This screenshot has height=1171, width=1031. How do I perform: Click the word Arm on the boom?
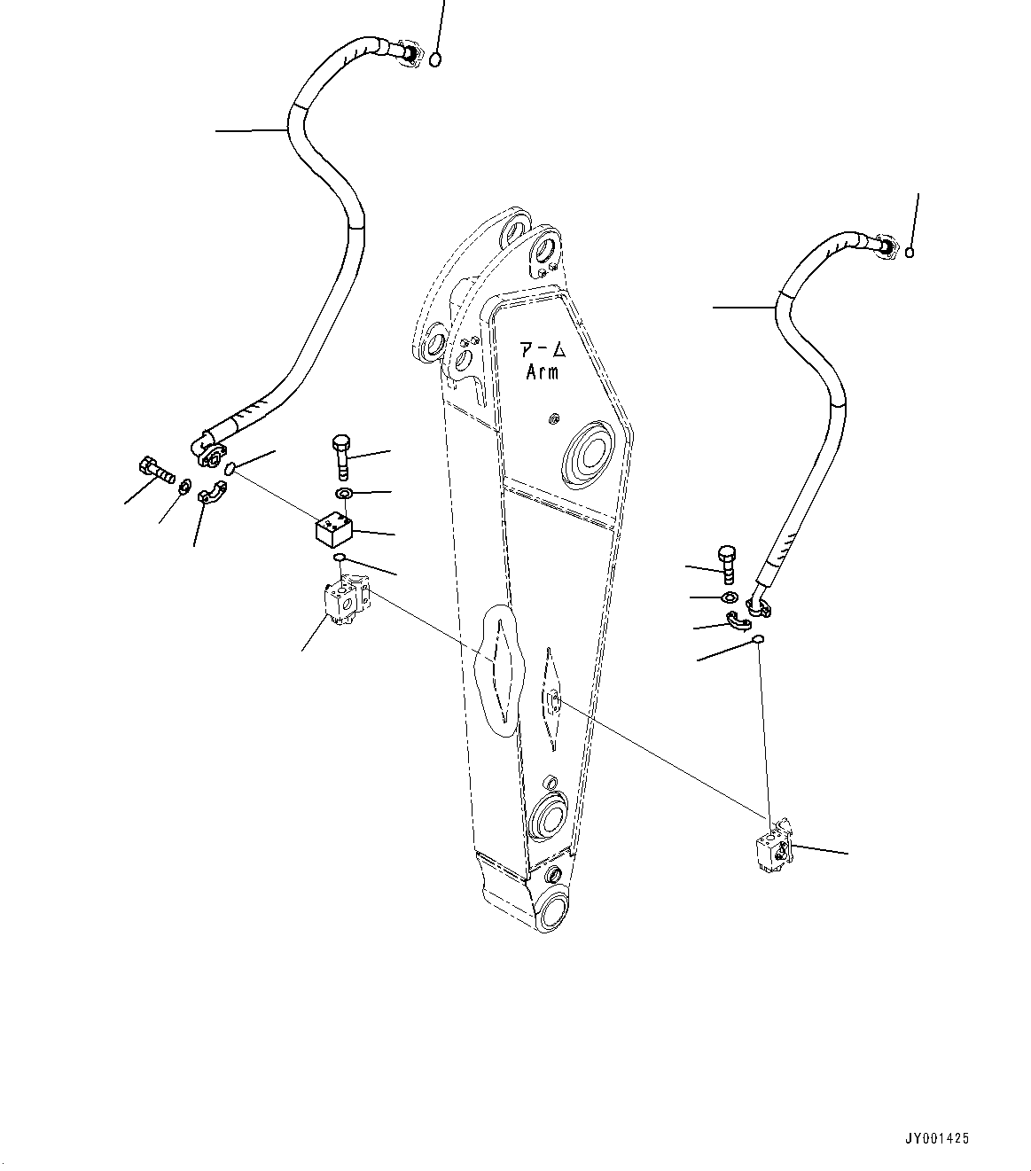pyautogui.click(x=543, y=372)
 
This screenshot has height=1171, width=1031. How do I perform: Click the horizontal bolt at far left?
pyautogui.click(x=156, y=470)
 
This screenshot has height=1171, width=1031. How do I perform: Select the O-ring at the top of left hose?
pyautogui.click(x=435, y=59)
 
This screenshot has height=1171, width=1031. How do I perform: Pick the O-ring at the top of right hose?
pyautogui.click(x=910, y=254)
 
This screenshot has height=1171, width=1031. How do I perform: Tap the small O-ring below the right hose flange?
pyautogui.click(x=758, y=640)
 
